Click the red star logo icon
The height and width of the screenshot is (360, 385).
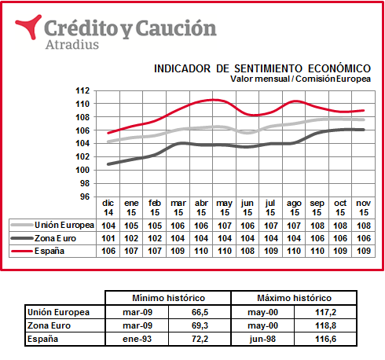30,26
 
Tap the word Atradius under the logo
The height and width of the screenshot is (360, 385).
72,45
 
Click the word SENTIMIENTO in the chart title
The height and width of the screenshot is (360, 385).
268,68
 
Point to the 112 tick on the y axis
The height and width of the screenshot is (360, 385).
82,90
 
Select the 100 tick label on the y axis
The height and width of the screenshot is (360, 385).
82,170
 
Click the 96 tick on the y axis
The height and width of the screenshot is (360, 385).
85,197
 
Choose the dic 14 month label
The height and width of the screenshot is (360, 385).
108,208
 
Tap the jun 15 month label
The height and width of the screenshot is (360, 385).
247,208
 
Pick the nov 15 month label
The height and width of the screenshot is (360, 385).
364,208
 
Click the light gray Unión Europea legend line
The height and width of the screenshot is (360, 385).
22,225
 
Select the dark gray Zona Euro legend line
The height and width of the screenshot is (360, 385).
22,238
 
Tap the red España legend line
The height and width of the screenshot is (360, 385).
22,251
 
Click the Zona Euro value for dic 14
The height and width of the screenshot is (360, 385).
108,238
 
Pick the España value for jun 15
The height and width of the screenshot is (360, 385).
247,251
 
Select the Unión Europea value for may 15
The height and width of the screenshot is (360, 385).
225,226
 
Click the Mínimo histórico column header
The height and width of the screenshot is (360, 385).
168,298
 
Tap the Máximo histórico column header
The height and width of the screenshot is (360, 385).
294,298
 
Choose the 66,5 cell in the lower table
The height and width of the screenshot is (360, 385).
200,312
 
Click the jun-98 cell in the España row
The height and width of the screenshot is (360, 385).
262,339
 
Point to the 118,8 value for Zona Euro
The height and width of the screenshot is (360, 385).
325,325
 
